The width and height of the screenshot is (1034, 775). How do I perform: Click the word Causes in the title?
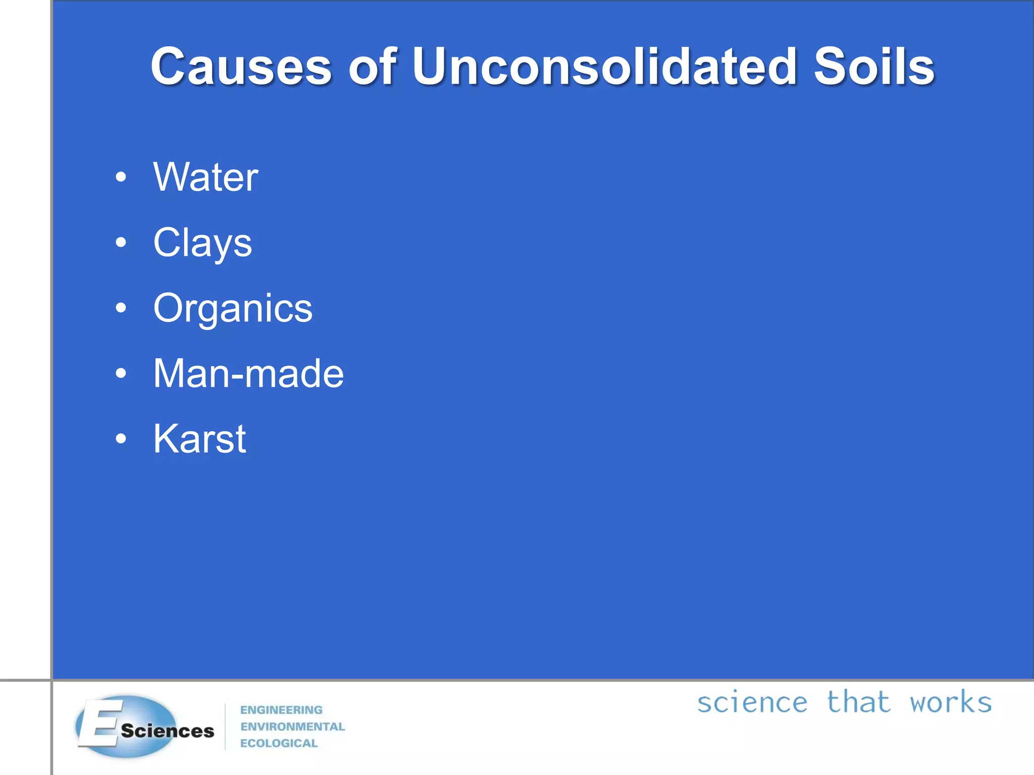[x=241, y=67]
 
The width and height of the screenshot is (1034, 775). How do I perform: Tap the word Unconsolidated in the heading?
[x=604, y=67]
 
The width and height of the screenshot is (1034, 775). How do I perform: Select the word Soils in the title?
[x=874, y=67]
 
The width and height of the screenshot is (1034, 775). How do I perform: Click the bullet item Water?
[x=205, y=177]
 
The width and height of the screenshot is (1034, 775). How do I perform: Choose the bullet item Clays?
[x=202, y=243]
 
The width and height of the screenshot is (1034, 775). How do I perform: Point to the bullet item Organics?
[x=233, y=308]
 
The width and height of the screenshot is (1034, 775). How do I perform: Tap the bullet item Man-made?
[x=248, y=373]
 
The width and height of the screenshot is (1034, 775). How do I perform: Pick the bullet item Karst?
[x=199, y=439]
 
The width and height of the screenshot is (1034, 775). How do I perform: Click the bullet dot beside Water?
[x=121, y=177]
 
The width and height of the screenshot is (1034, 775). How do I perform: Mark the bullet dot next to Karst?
[x=121, y=439]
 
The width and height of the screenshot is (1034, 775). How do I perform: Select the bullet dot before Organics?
[x=121, y=308]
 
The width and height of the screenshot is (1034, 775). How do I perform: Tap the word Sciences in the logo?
[x=168, y=731]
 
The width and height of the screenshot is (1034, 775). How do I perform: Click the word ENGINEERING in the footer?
[x=281, y=710]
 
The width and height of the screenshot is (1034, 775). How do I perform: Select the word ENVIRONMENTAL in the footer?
[x=292, y=727]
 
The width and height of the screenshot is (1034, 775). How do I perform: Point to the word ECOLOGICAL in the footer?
[x=279, y=743]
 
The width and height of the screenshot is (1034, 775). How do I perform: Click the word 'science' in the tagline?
[x=752, y=703]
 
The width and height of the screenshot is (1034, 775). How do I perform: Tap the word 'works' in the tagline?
[x=950, y=703]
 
